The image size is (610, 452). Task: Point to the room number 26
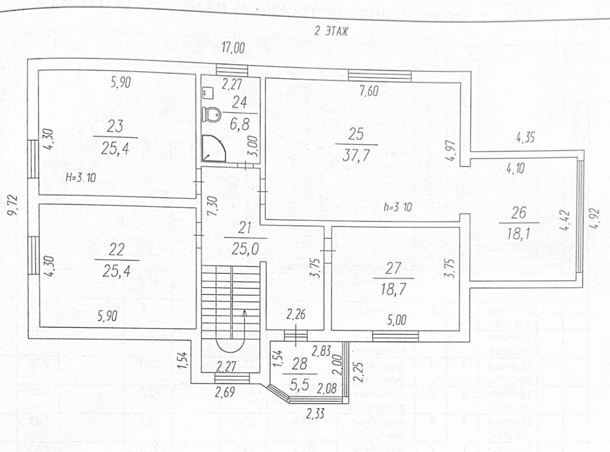(519, 213)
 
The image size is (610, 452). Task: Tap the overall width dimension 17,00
(231, 50)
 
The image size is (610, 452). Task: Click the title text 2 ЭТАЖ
(331, 32)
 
